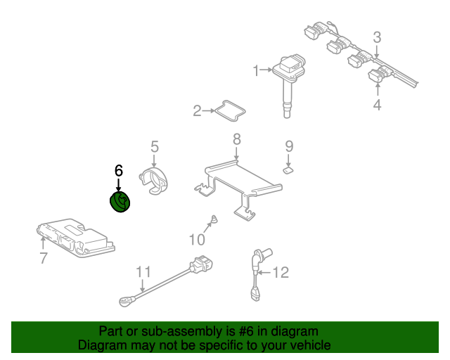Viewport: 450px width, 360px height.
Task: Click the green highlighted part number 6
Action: (120, 202)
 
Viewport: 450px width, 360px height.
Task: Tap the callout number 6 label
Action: (118, 171)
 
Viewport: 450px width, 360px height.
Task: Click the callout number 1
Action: (257, 70)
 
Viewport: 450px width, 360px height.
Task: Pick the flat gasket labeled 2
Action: (228, 110)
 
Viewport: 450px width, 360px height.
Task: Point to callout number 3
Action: (377, 37)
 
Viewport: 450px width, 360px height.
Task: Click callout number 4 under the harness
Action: (377, 105)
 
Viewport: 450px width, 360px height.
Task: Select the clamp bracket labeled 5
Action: (155, 182)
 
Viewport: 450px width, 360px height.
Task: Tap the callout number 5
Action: (155, 147)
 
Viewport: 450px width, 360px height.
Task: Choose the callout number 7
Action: (44, 259)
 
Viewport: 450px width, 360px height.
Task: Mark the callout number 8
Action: (237, 139)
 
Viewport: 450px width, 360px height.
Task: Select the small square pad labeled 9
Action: (288, 169)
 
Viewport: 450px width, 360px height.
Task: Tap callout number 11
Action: (143, 271)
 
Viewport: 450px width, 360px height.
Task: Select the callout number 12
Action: (281, 272)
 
